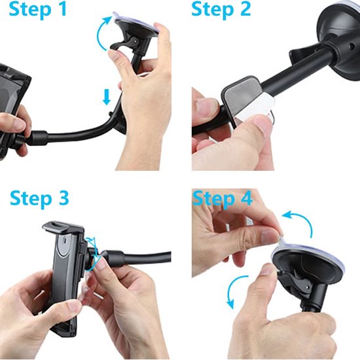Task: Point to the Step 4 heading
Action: [x=223, y=198]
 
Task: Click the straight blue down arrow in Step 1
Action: [x=107, y=98]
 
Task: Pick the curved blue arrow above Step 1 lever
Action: [x=103, y=31]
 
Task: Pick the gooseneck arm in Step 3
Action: [x=141, y=252]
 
